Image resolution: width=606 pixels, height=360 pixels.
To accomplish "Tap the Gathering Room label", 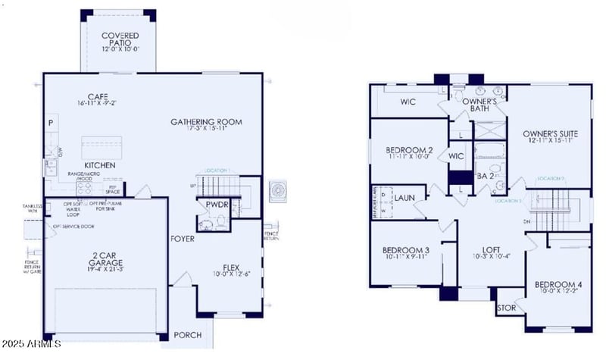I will [205, 121].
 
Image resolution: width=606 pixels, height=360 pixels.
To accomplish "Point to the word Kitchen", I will [99, 164].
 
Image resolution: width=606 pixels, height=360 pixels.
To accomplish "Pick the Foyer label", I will [183, 239].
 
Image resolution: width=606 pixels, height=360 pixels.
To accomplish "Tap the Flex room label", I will [233, 267].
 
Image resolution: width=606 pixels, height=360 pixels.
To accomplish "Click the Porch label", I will [187, 335].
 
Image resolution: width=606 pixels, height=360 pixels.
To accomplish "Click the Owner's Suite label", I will [552, 135].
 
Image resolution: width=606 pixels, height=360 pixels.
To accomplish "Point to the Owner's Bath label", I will [479, 105].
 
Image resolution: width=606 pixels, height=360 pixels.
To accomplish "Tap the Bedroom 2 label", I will [409, 150].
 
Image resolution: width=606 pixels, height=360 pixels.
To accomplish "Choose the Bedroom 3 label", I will [405, 251].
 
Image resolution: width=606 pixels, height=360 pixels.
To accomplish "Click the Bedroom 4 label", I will [558, 285].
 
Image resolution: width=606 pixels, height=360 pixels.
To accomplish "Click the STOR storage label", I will [505, 309].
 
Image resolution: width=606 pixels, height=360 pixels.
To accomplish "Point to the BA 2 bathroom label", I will [486, 176].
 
